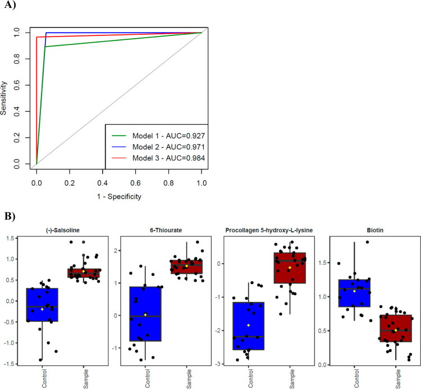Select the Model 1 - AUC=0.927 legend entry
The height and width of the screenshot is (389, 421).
[x=168, y=135]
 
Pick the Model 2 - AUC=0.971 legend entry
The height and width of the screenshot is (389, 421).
[x=168, y=147]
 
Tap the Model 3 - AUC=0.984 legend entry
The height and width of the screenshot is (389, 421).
[x=168, y=158]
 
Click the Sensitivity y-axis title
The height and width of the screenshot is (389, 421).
[x=5, y=98]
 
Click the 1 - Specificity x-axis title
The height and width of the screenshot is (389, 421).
[x=118, y=196]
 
